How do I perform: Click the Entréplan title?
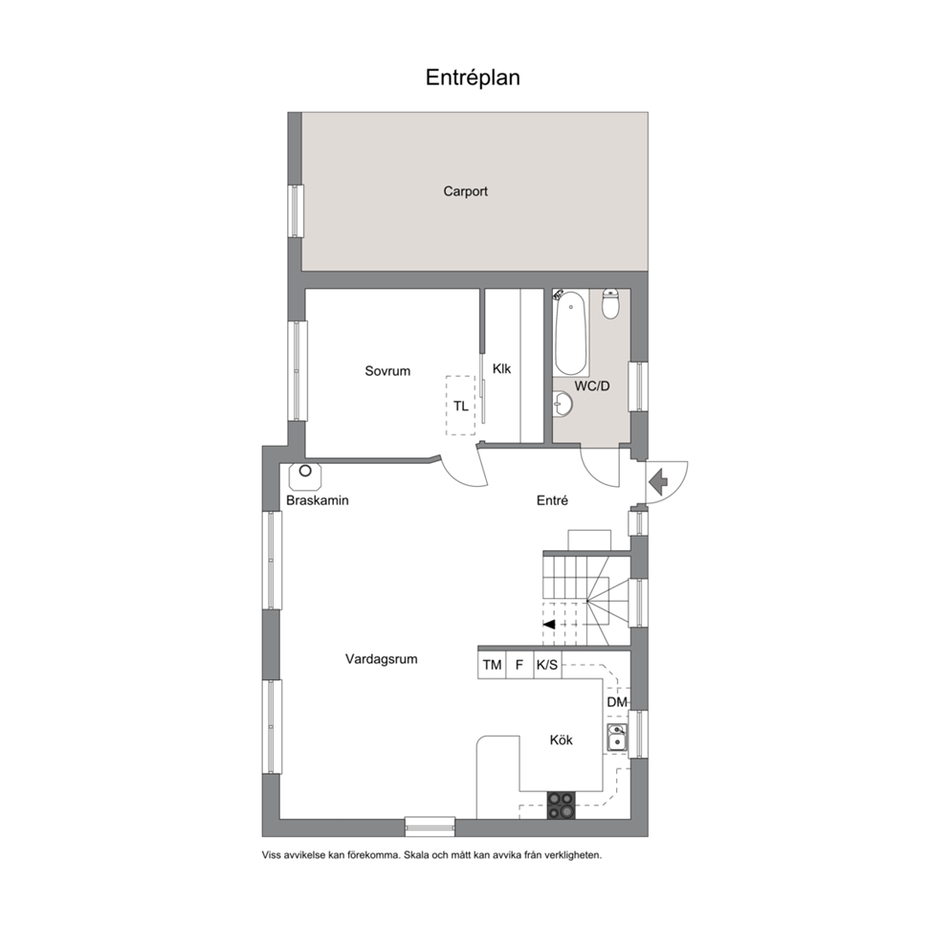point(473,78)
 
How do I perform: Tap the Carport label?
point(466,192)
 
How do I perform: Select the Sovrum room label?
point(387,371)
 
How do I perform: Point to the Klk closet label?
point(501,368)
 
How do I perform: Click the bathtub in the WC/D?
point(571,333)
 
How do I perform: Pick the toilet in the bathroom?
point(610,304)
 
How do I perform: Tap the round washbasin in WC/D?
point(563,404)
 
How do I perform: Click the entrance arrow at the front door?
point(657,480)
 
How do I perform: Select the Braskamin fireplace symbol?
point(305,476)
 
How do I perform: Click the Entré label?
point(553,500)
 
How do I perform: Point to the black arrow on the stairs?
point(549,625)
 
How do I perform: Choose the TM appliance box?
point(492,665)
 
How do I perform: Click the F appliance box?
point(519,665)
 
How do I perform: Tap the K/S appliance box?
point(547,665)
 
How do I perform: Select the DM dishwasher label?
point(617,702)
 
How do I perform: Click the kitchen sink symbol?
point(617,738)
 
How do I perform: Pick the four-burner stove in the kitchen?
point(561,806)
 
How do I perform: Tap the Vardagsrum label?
point(382,659)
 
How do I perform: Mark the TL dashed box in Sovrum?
point(460,406)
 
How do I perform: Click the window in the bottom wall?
point(430,827)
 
